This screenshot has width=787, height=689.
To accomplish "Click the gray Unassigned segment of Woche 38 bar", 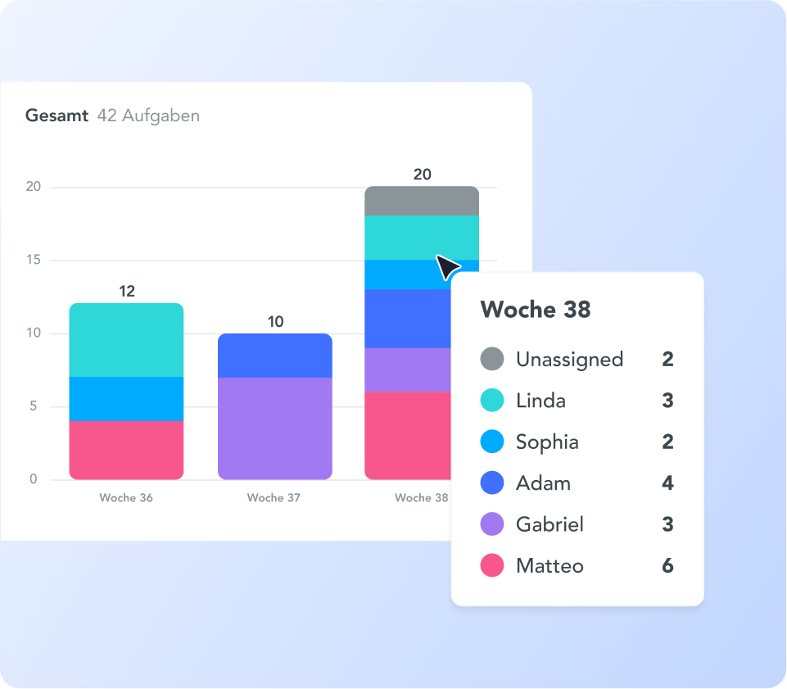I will [421, 201].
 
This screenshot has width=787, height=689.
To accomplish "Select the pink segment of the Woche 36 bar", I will [126, 450].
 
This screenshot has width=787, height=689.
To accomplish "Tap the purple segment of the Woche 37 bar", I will [275, 428].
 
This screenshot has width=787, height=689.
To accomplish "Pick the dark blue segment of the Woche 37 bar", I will [275, 356].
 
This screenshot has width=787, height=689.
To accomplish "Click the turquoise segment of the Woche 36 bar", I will [126, 340].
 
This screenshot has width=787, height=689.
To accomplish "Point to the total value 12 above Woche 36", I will [127, 291].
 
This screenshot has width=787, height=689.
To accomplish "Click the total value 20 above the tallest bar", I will [422, 174].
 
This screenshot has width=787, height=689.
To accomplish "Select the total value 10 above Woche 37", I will [276, 321].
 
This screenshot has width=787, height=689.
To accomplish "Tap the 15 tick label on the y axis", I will [33, 261].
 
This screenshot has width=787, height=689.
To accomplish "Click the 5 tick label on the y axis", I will [34, 406].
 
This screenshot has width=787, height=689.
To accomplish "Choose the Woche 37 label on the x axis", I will [274, 498].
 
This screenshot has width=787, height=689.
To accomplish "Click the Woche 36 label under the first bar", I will [126, 498].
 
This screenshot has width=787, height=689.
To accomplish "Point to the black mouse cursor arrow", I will [447, 267].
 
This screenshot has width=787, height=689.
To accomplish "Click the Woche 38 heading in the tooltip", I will [536, 310].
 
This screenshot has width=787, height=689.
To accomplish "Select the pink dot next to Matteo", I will [491, 565].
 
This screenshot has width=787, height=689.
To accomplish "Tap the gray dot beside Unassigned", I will [491, 359].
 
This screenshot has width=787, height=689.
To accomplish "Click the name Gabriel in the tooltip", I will [550, 524].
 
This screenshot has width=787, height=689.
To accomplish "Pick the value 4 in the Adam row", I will [667, 483].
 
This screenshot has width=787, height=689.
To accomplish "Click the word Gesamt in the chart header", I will [57, 116].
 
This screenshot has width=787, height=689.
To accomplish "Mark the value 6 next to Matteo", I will [667, 565].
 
